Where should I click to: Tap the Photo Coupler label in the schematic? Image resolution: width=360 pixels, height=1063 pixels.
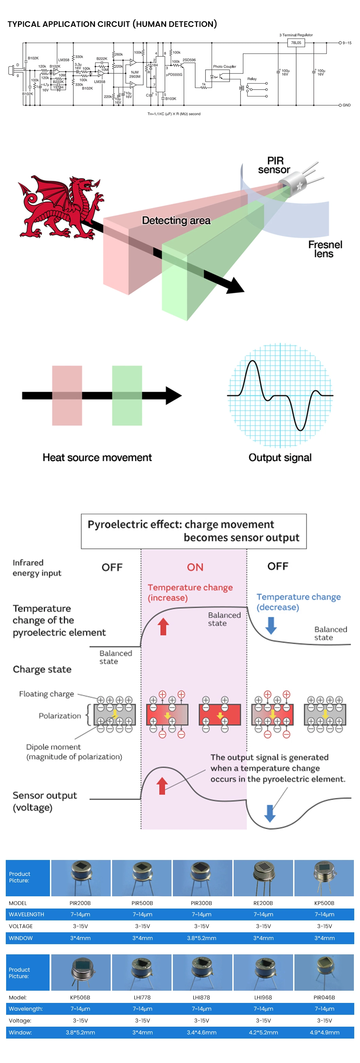tap(224, 67)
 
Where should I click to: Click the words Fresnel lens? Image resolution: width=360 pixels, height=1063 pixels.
tap(325, 249)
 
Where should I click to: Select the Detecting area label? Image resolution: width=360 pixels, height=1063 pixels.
tap(176, 221)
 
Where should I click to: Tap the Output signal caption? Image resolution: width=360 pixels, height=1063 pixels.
tap(280, 458)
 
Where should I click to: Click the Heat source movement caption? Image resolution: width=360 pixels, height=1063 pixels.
tap(97, 458)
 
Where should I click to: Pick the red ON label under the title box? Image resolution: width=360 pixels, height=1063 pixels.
tap(195, 567)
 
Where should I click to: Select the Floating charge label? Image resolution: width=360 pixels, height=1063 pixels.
tap(46, 694)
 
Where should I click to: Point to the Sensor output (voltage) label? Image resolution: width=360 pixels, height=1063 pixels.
tap(44, 801)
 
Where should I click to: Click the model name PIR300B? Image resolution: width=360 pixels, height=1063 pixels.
tap(201, 903)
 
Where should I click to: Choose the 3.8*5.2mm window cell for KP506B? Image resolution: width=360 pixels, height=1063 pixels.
tap(80, 1032)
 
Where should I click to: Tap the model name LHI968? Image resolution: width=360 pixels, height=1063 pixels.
tap(263, 997)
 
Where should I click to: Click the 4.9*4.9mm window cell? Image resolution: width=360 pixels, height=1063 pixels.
tap(324, 1032)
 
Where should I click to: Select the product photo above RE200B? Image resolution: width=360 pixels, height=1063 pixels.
tap(263, 878)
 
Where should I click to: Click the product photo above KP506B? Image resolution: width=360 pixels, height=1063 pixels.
tap(80, 972)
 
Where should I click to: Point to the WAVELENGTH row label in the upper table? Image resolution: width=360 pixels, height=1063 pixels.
tap(26, 914)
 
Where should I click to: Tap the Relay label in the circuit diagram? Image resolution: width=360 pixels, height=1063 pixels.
tap(252, 79)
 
